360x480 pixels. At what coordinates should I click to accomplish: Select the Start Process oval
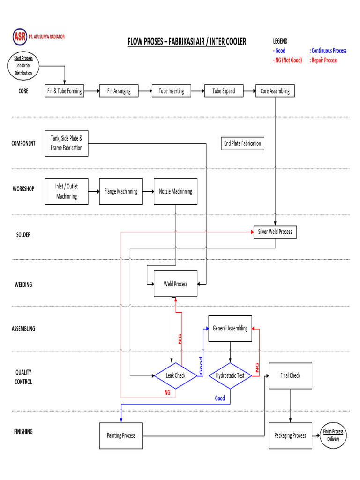pos(23,66)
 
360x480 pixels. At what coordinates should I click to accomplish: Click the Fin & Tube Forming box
pos(64,91)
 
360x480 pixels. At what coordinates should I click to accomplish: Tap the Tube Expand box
pos(224,91)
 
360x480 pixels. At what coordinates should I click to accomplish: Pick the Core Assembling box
pos(275,91)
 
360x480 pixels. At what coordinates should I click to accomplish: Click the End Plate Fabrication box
pos(242,143)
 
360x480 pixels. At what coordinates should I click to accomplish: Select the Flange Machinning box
pos(121,191)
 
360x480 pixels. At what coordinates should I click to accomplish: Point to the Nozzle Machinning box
pos(175,191)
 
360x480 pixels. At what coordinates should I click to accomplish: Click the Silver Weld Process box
pos(275,232)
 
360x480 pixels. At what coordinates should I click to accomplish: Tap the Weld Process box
pos(175,284)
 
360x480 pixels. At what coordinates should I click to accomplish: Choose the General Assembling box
pos(230,328)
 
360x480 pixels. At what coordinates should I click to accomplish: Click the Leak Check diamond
pos(175,375)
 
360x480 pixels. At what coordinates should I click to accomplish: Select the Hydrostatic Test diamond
pos(230,375)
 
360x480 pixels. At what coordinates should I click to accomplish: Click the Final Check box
pos(290,375)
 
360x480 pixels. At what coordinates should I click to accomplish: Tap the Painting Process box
pos(121,435)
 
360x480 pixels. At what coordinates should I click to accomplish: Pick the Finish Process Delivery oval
pos(333,435)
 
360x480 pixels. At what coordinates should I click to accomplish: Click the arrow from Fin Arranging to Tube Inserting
pos(145,91)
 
